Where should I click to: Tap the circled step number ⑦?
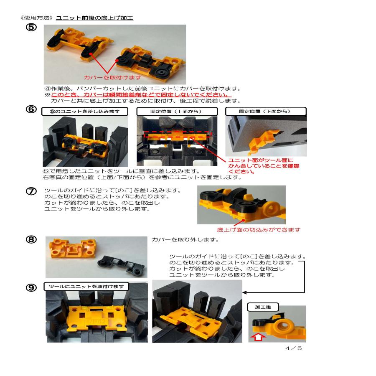click(x=32, y=191)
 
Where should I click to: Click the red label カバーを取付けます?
click(x=112, y=78)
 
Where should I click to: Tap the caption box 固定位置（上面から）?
click(x=178, y=112)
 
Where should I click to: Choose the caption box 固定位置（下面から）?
click(x=265, y=112)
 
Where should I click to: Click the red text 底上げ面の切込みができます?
click(x=259, y=230)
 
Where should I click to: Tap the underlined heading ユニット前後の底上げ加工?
click(x=94, y=18)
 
